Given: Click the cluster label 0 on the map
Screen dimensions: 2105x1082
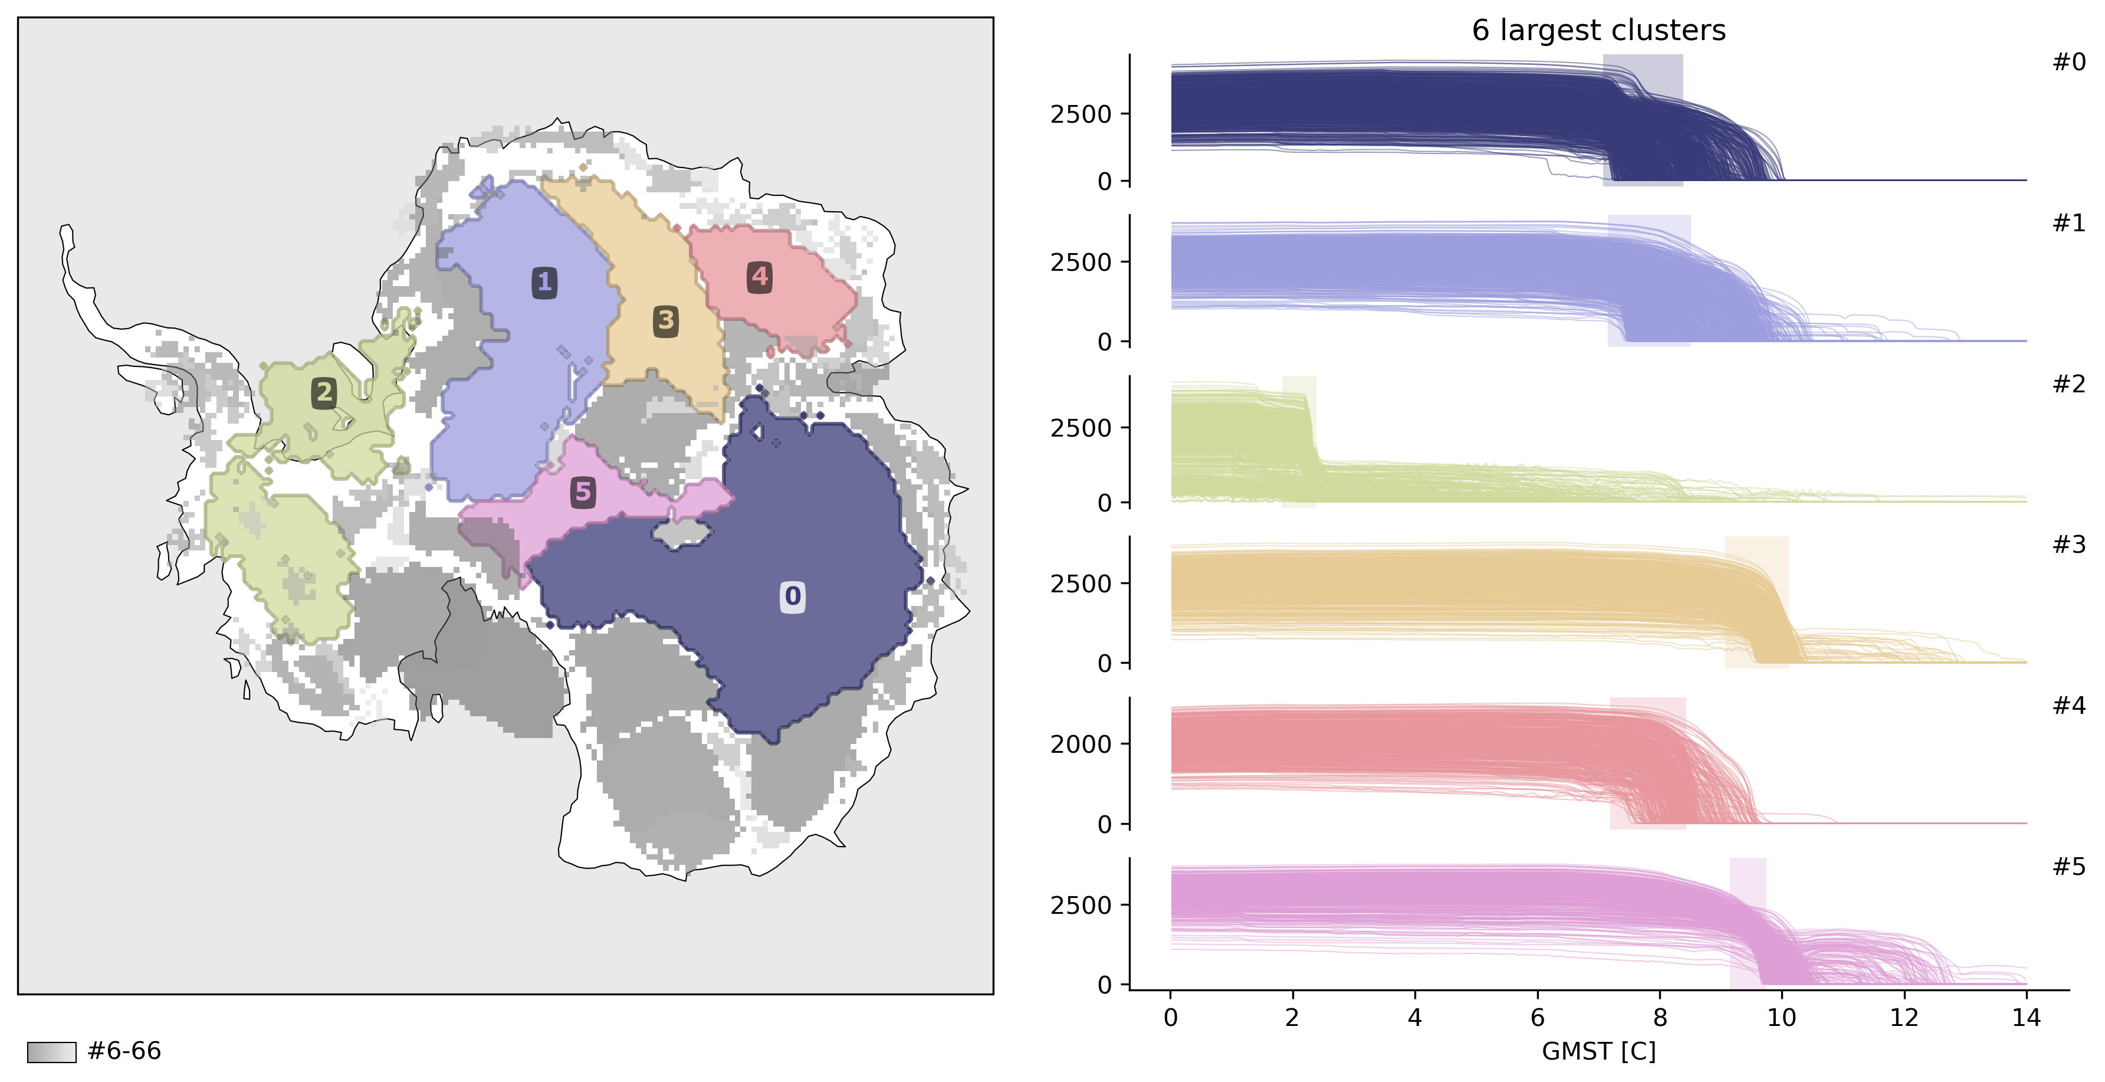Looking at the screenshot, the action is coord(793,596).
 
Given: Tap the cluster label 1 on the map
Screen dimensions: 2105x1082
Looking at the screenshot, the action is coord(544,283).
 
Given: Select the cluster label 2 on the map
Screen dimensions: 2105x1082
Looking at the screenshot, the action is coord(324,393).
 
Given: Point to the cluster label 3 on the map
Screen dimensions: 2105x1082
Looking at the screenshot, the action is coord(666,320).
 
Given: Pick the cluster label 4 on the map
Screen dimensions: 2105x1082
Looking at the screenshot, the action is coord(760,277).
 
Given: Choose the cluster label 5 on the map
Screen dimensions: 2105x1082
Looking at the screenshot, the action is coord(583,492).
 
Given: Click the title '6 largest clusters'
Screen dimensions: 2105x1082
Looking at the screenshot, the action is coord(1598,30).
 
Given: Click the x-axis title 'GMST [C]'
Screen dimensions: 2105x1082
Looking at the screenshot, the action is coord(1598,1051).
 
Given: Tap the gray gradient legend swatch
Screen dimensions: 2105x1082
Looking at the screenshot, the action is coord(51,1052).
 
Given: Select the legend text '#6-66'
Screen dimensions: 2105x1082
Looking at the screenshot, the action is coord(124,1051).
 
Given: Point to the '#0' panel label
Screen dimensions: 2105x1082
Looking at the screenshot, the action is coord(2069,62).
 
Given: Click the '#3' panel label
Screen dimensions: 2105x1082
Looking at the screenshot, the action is coord(2069,545).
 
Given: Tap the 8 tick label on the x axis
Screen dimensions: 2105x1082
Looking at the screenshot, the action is coord(1660,1018).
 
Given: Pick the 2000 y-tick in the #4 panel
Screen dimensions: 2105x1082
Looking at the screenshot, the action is coord(1081,745).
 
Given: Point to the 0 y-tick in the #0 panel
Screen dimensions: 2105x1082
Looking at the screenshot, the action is coord(1104,182).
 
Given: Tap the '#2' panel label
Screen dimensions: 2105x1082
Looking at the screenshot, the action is coord(2069,384).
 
